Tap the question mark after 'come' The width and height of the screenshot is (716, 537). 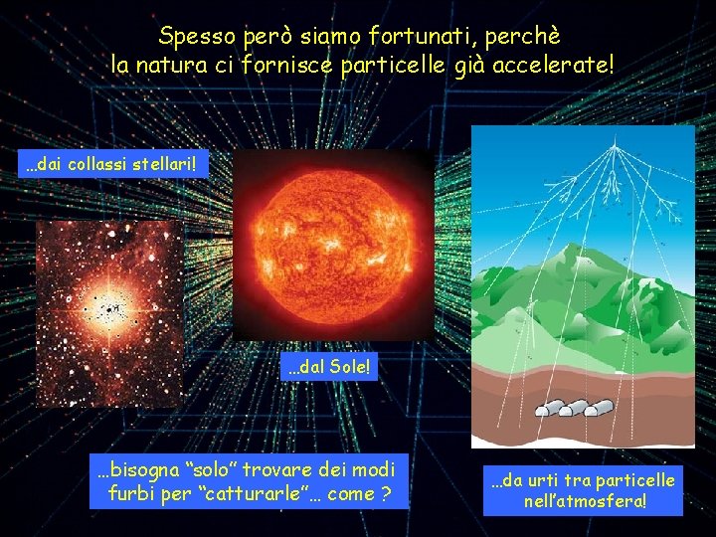coord(384,493)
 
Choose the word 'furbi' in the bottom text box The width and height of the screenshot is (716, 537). coord(131,493)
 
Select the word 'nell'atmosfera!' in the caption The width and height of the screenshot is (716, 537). coord(585,501)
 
